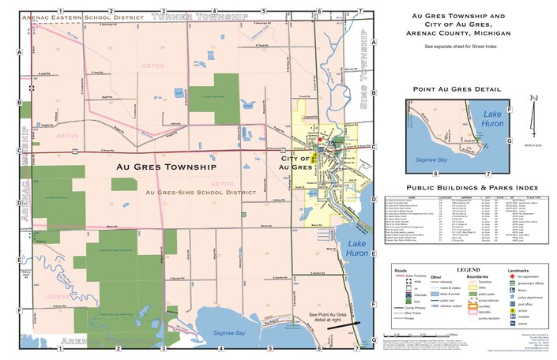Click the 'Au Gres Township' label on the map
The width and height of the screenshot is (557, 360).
[165, 167]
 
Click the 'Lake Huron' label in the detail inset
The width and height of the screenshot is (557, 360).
[492, 119]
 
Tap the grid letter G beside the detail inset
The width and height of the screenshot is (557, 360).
[511, 141]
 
